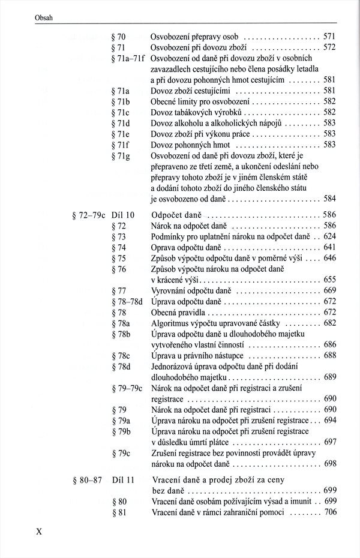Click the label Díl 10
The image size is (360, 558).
click(123, 215)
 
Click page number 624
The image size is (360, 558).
click(329, 236)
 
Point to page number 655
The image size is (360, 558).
click(329, 280)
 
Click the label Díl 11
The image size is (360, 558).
click(122, 480)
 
